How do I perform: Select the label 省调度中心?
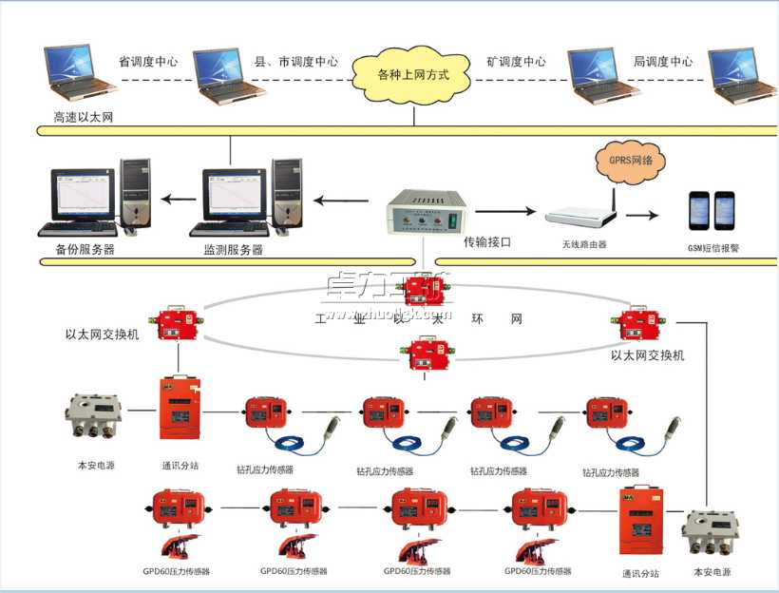pos(148,61)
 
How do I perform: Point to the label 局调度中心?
pos(663,61)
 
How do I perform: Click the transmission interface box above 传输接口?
pos(427,211)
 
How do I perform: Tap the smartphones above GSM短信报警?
pos(712,210)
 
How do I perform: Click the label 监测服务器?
pos(233,250)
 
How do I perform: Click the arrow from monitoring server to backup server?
pos(174,200)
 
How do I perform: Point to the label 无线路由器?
pos(583,244)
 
